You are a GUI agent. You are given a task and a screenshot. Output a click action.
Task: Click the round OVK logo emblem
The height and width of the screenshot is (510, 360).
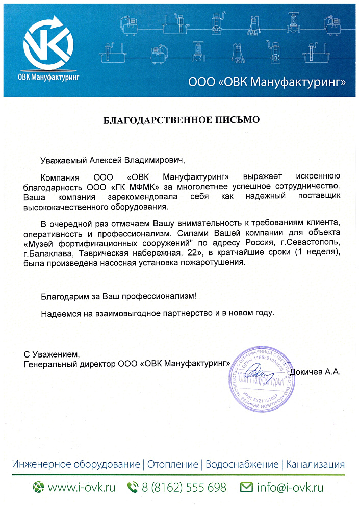click(49, 43)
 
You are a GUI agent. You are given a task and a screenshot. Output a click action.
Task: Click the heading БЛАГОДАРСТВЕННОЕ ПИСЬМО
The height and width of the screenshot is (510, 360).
click(182, 120)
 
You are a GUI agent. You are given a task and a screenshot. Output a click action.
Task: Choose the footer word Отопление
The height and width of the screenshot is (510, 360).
click(173, 465)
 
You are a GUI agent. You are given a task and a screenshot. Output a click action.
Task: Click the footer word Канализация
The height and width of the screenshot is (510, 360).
click(315, 465)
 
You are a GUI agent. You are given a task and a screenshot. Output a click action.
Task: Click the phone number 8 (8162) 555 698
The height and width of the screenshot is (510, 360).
click(184, 488)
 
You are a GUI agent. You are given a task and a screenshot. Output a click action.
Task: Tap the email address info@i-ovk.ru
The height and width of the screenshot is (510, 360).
click(290, 488)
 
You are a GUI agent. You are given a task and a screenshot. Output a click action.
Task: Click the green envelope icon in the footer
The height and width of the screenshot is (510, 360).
click(247, 488)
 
